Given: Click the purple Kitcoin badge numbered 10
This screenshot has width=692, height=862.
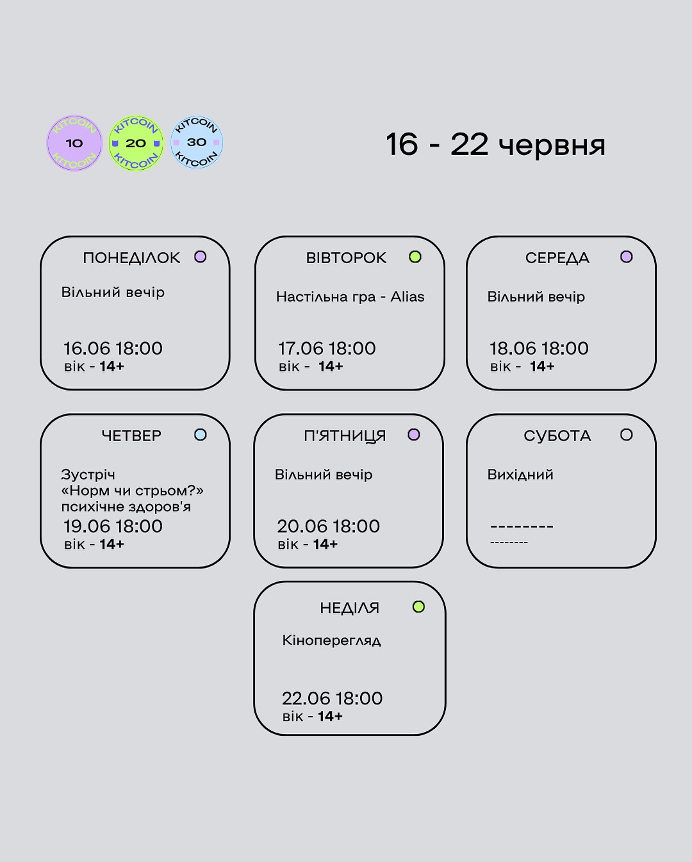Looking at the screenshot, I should (x=74, y=143).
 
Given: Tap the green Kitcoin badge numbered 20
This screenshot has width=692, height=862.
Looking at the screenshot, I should (x=136, y=143).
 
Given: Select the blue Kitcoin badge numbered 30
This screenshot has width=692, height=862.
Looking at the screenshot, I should (x=197, y=142).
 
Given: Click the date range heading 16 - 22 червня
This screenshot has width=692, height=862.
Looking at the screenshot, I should (x=495, y=145).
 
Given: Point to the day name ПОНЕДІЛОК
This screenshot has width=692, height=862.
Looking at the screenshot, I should (x=131, y=258).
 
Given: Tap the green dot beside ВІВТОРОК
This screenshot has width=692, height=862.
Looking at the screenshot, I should (x=415, y=257).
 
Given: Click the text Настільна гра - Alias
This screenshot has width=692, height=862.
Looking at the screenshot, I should (x=350, y=297).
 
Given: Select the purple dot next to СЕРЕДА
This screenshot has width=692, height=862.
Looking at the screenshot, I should (x=627, y=257).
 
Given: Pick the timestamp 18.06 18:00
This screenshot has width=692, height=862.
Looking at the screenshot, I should (x=539, y=348).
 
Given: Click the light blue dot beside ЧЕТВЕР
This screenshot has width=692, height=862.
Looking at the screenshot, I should (x=201, y=435).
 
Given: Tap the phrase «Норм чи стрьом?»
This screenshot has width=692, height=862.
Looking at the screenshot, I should (x=133, y=491).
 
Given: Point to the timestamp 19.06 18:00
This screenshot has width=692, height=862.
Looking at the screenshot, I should (x=113, y=526).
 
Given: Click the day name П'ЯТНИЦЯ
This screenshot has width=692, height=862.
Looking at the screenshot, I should (x=345, y=436).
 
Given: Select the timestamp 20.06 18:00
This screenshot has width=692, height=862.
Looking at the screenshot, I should (x=328, y=526).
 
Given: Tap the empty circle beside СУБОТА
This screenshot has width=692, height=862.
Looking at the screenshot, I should (x=627, y=435).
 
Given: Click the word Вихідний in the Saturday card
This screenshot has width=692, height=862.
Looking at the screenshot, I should (x=520, y=475).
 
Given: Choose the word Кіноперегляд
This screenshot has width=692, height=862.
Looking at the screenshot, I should (x=332, y=640).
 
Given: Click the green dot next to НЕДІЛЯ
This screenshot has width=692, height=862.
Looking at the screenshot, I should (x=418, y=606).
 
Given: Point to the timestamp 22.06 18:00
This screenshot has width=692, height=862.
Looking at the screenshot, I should (x=332, y=698).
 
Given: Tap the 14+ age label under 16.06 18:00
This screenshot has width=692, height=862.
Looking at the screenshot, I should (x=111, y=366).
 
